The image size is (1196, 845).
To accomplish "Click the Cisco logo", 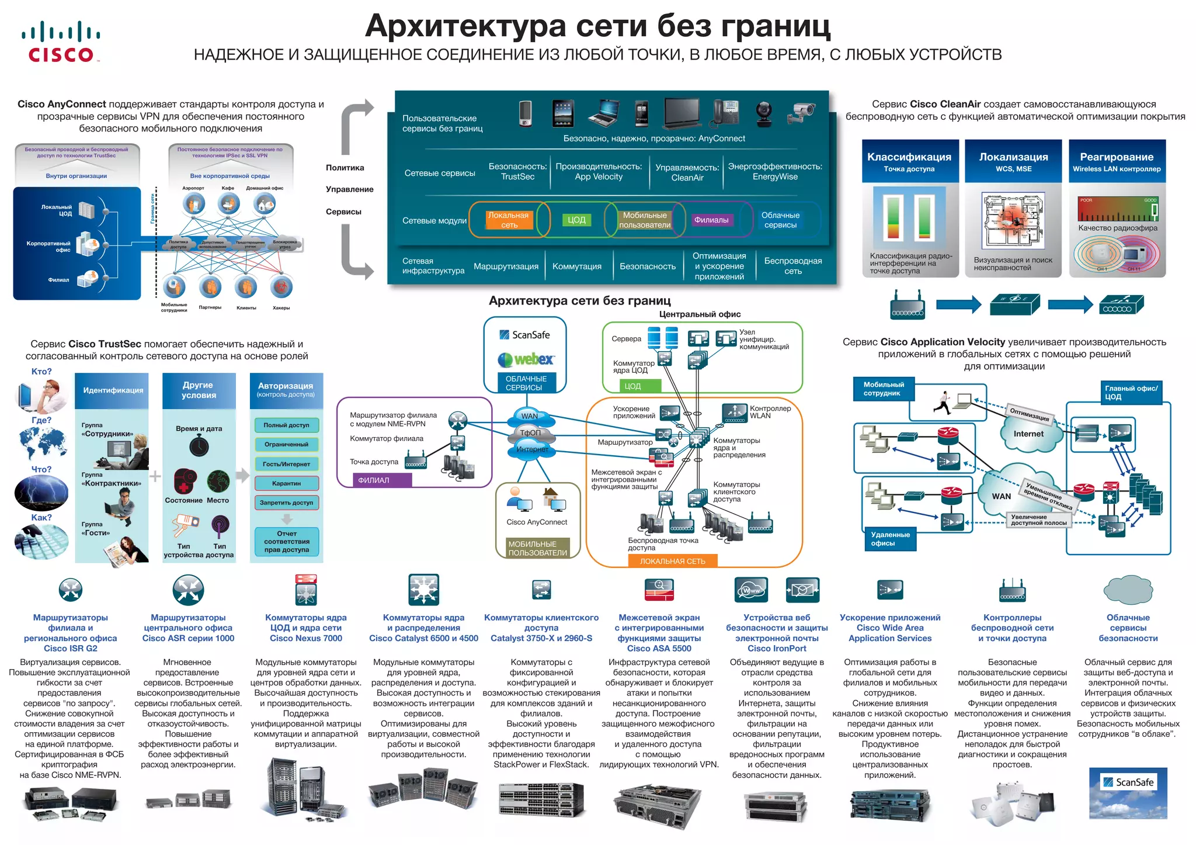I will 61,41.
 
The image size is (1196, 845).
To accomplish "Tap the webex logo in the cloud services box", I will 526,359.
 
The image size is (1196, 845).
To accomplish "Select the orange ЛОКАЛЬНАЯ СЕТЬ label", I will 672,561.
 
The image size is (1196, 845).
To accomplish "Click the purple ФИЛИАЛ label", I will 374,480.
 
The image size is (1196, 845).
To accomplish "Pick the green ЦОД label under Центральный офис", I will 633,386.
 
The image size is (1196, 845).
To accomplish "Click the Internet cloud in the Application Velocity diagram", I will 1028,434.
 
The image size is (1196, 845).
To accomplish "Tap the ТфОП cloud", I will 530,433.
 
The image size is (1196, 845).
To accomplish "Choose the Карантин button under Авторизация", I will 286,483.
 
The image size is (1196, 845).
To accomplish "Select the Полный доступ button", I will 286,425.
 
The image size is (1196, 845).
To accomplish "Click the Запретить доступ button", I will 286,503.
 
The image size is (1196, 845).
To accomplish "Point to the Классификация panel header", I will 909,161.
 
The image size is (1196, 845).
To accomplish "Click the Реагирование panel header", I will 1117,161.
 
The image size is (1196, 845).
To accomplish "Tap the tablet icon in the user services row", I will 563,113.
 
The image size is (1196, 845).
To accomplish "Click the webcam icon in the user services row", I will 764,113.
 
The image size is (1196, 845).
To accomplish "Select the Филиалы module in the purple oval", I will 711,220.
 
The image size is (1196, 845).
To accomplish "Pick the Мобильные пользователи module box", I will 645,220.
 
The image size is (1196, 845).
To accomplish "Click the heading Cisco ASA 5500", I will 659,648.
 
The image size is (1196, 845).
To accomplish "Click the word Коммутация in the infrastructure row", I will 576,266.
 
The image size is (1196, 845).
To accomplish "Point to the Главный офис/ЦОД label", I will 1131,392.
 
